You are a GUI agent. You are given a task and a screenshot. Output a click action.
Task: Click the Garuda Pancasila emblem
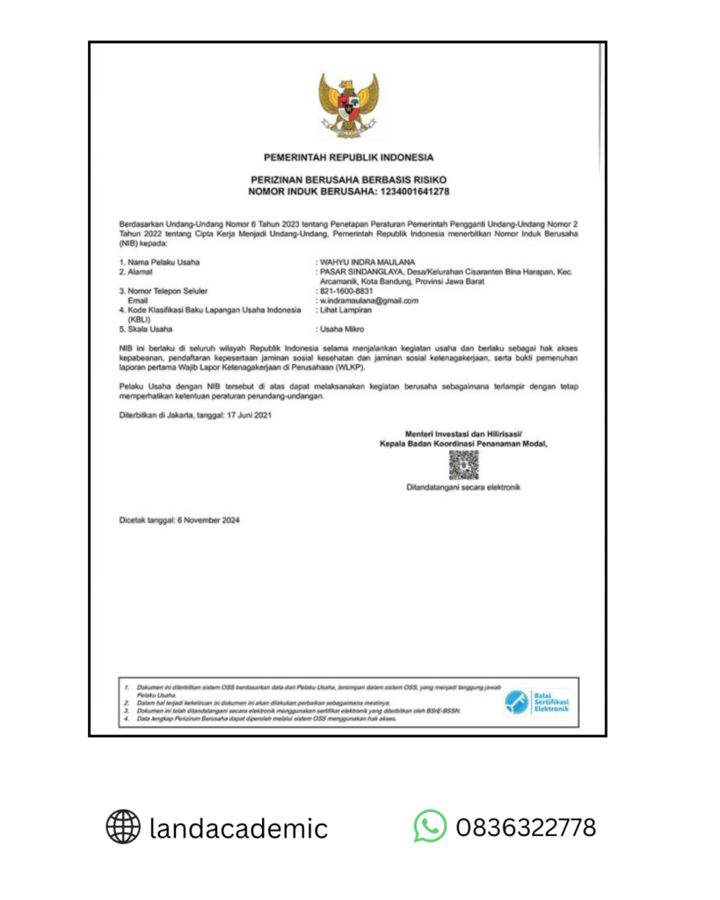pyautogui.click(x=349, y=104)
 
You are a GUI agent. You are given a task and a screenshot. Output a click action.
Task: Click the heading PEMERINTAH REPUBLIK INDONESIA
pyautogui.click(x=349, y=157)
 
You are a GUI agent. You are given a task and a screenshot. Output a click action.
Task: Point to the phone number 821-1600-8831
pyautogui.click(x=346, y=291)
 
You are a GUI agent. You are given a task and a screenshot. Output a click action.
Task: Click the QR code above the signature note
pyautogui.click(x=463, y=464)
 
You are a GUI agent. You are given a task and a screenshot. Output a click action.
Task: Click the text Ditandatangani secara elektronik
pyautogui.click(x=463, y=486)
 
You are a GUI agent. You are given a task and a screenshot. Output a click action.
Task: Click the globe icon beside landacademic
pyautogui.click(x=123, y=827)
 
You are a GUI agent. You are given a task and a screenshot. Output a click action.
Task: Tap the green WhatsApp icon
pyautogui.click(x=430, y=826)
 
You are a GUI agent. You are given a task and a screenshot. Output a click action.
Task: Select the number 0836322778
pyautogui.click(x=526, y=827)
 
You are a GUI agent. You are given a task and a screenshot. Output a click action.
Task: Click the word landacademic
pyautogui.click(x=238, y=828)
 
